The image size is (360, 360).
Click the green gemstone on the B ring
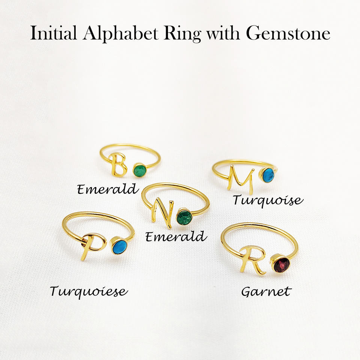click(x=140, y=171)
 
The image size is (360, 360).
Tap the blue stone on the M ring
click(x=268, y=175)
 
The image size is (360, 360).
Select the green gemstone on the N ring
click(x=184, y=217)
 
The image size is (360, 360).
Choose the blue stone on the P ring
click(x=120, y=247)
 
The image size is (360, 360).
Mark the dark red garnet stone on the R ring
click(x=281, y=265)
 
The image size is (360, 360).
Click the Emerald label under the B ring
click(x=108, y=189)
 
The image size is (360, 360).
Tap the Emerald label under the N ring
click(x=176, y=237)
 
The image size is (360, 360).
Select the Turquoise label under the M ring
click(x=267, y=200)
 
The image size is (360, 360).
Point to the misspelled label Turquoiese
click(x=88, y=291)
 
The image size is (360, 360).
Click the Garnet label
click(x=266, y=292)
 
